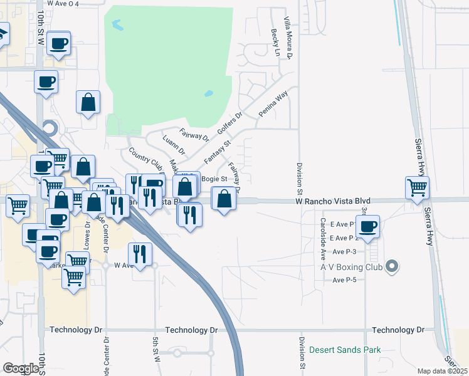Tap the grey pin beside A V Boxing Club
392,267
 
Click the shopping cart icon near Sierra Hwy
417,187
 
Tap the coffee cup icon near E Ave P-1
368,226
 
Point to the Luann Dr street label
174,145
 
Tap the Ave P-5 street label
344,279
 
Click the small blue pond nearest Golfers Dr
208,95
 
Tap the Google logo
21,368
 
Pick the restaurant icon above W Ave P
139,254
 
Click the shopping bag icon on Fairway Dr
224,199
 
